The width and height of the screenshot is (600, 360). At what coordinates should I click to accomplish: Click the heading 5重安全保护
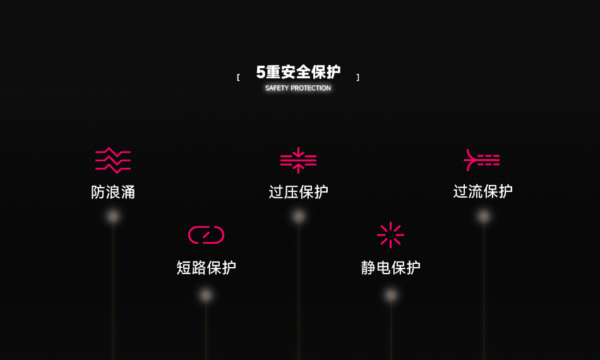click(x=298, y=72)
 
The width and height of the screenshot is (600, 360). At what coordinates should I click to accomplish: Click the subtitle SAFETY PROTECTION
click(x=298, y=88)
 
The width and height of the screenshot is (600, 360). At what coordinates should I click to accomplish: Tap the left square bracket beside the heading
click(x=238, y=78)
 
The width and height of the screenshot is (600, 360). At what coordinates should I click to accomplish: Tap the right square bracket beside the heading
click(x=358, y=78)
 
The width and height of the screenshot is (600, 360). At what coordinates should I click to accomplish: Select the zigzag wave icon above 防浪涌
click(x=113, y=160)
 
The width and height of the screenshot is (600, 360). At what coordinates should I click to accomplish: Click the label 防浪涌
click(x=113, y=192)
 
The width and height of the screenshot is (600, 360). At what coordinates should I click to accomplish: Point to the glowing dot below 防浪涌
click(x=113, y=217)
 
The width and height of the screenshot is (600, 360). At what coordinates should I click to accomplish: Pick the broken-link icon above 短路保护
click(x=206, y=235)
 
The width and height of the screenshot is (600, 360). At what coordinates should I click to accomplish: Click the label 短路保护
click(x=206, y=268)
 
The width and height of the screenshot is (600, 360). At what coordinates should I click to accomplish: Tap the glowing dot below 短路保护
click(x=206, y=295)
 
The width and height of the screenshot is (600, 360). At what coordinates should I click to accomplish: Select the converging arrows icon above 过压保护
click(x=299, y=160)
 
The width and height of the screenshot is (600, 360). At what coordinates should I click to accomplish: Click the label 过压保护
click(x=299, y=192)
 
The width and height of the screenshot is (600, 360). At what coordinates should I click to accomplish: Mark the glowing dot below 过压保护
click(x=299, y=217)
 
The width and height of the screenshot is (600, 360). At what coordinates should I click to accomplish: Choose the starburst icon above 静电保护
click(x=390, y=235)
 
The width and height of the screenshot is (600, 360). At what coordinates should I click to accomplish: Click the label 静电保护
click(x=390, y=268)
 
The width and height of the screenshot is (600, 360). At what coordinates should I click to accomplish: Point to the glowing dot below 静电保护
click(x=391, y=295)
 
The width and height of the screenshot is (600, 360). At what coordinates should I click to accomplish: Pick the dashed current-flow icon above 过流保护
click(x=482, y=160)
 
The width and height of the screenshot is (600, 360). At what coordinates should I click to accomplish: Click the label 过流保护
click(x=483, y=191)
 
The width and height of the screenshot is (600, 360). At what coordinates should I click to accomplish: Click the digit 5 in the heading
click(x=260, y=72)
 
